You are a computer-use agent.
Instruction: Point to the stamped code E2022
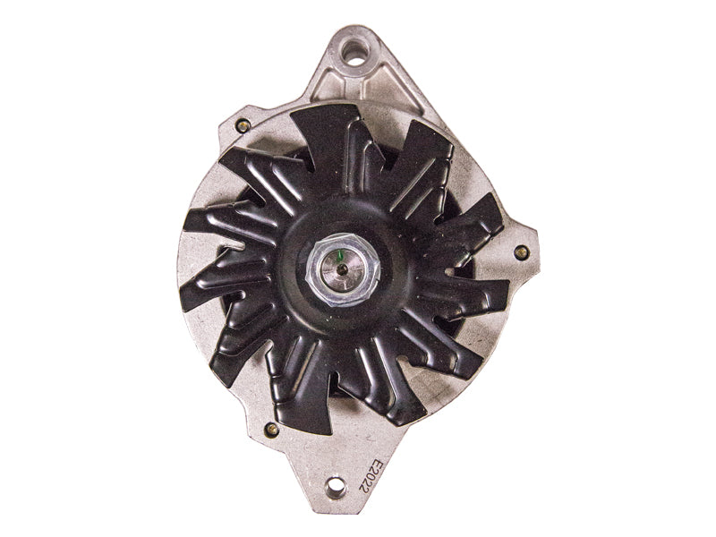pos(369,476)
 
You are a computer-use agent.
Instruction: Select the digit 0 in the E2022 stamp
pos(369,477)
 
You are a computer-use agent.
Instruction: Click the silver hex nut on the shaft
pos(343,269)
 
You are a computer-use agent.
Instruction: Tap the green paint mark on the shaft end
pos(338,259)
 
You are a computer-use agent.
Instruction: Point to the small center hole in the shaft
pos(342,270)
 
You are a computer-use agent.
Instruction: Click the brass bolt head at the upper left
pos(243,124)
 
